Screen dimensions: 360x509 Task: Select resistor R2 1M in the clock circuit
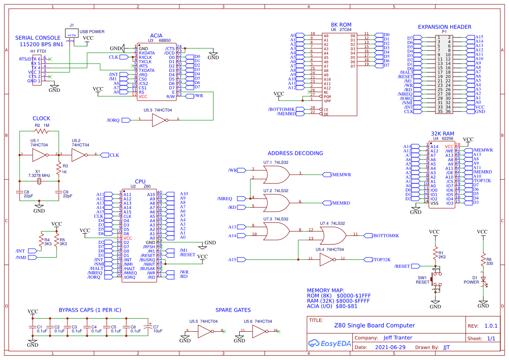click(x=42, y=131)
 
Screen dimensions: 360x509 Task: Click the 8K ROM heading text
click(x=341, y=25)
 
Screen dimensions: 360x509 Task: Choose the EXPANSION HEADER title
click(x=444, y=27)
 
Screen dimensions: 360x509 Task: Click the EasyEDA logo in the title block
click(x=329, y=343)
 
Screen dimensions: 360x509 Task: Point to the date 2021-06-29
click(x=390, y=347)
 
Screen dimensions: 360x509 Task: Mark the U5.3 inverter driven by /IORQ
click(x=158, y=120)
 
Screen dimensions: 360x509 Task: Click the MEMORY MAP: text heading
click(x=326, y=290)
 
